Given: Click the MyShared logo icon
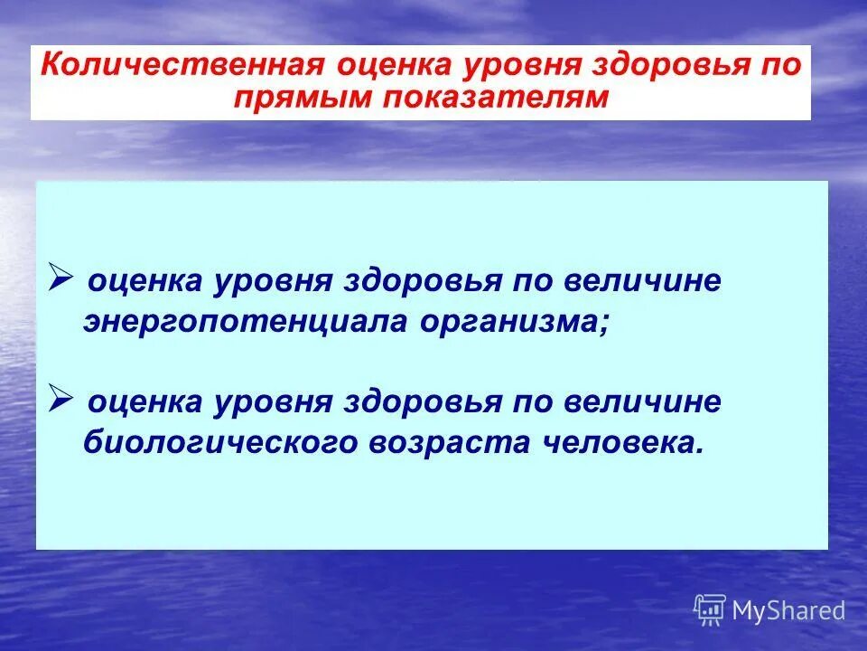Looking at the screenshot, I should tap(710, 609).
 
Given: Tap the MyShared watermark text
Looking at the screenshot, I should tap(788, 610).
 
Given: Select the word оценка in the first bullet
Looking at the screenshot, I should tap(144, 280).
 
